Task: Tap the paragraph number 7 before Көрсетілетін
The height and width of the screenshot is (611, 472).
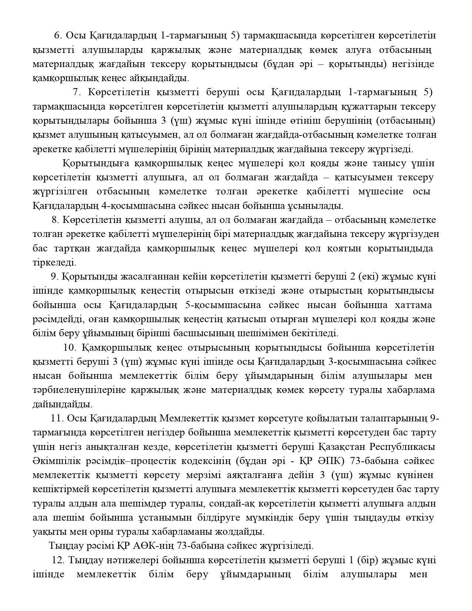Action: coord(77,92)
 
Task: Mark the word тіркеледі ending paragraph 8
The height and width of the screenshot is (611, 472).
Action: coord(54,263)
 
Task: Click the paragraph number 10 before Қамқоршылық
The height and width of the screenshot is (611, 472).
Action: coord(70,348)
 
